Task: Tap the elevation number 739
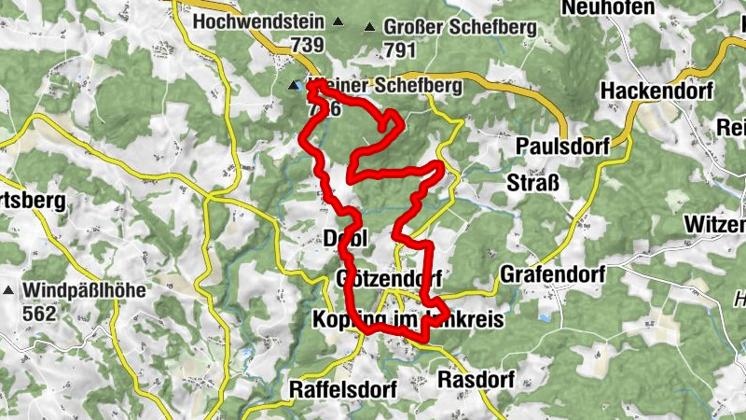307,45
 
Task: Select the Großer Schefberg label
463,27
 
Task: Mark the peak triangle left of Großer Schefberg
371,27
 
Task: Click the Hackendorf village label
656,91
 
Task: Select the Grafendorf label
553,273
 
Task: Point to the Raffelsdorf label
342,388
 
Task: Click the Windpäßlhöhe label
85,290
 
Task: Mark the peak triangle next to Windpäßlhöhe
9,291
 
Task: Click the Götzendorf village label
386,279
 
